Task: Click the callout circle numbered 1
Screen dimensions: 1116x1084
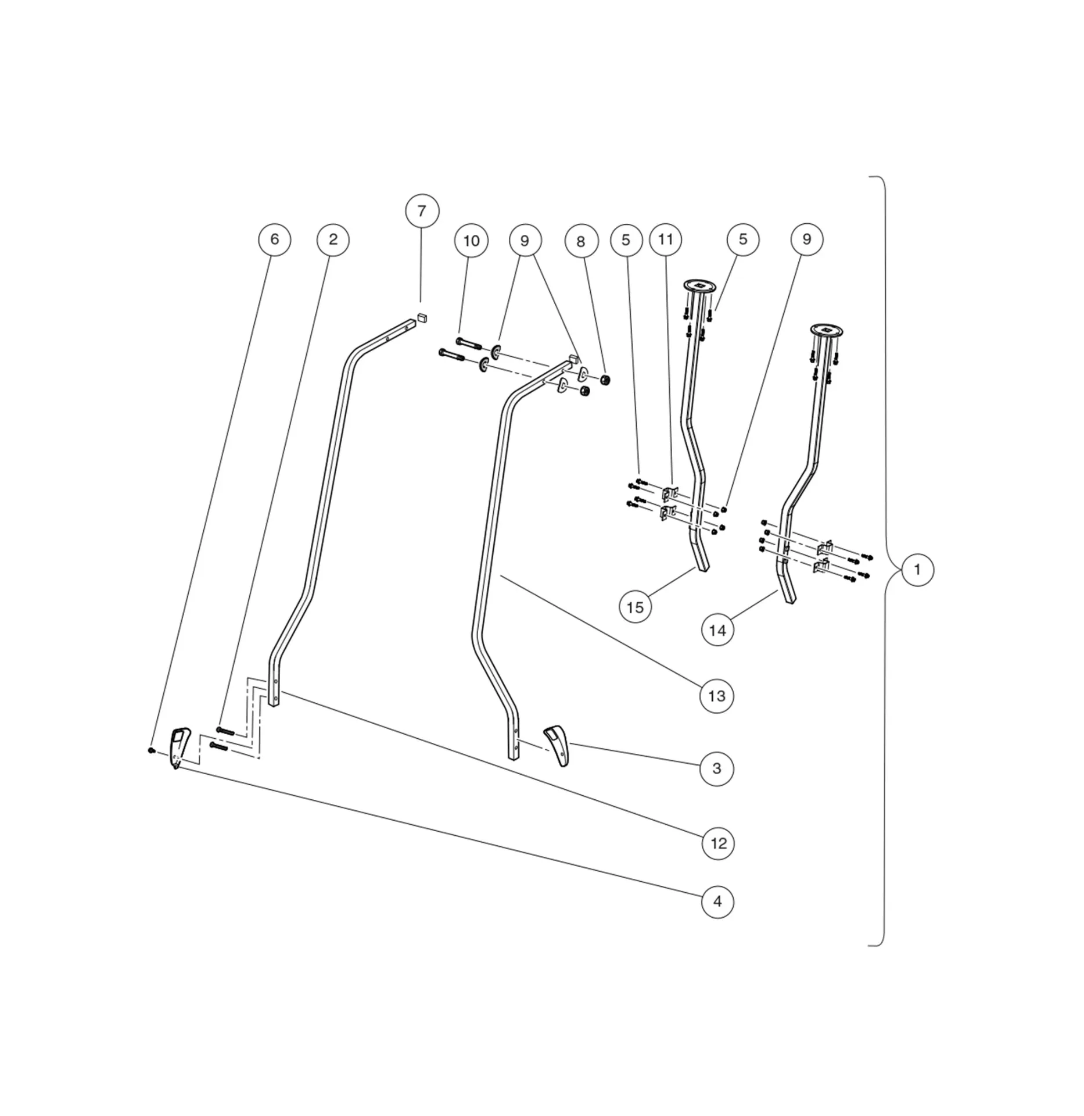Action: [917, 570]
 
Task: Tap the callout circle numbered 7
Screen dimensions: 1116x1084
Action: [422, 211]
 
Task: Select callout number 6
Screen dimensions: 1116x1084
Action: [274, 239]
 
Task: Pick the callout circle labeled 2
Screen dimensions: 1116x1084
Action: [333, 239]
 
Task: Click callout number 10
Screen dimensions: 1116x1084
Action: [471, 241]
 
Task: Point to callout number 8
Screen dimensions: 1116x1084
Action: [581, 241]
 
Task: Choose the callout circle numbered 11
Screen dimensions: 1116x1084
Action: [666, 239]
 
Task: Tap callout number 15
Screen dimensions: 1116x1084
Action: [635, 607]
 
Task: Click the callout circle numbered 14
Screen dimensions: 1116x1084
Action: [717, 630]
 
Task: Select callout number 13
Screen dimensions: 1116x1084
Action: [717, 696]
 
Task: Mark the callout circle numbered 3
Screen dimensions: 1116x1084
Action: [717, 768]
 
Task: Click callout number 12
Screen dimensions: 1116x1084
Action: [719, 843]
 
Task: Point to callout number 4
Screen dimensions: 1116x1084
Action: [717, 902]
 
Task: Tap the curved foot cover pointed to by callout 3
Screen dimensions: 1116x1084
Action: [558, 744]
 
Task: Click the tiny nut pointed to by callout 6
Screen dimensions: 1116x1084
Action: [151, 750]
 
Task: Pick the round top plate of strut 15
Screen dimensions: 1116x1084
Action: [699, 285]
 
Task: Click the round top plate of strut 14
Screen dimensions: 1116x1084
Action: [827, 330]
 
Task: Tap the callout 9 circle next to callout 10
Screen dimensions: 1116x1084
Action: [525, 241]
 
